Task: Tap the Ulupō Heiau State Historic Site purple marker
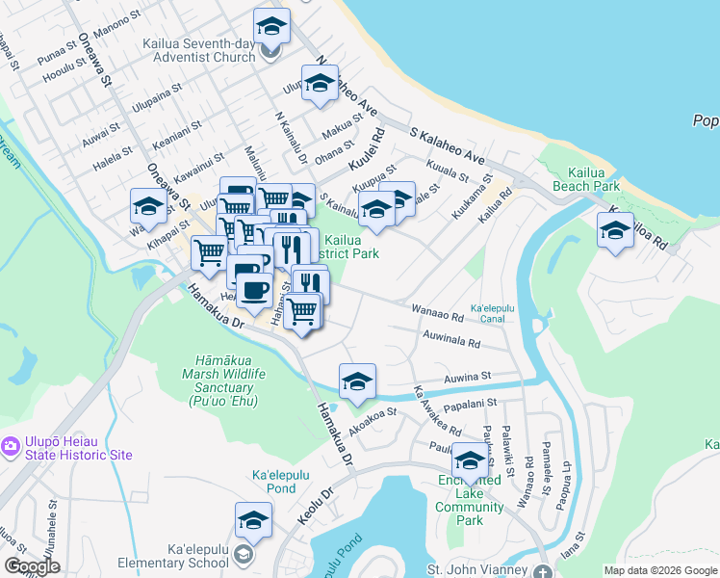(x=11, y=446)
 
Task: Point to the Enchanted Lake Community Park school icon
(x=471, y=465)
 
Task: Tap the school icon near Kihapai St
(x=148, y=206)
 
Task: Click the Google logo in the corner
(x=32, y=566)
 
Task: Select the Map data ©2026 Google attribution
(x=659, y=570)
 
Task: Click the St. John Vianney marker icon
(x=545, y=571)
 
